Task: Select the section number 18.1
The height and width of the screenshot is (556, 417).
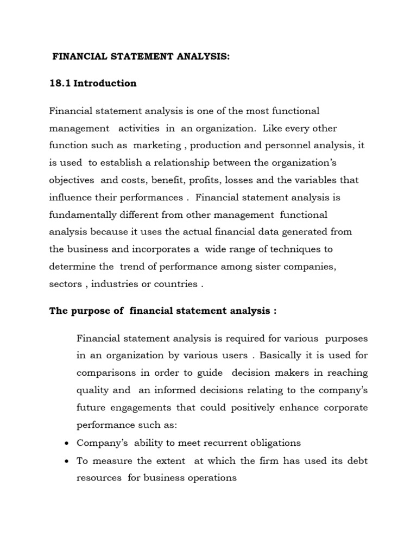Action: (60, 84)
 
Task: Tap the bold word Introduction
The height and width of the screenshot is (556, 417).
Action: (105, 84)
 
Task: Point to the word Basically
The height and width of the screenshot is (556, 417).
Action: (283, 356)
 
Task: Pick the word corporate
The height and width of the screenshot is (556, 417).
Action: (345, 408)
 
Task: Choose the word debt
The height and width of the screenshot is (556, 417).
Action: (357, 460)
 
